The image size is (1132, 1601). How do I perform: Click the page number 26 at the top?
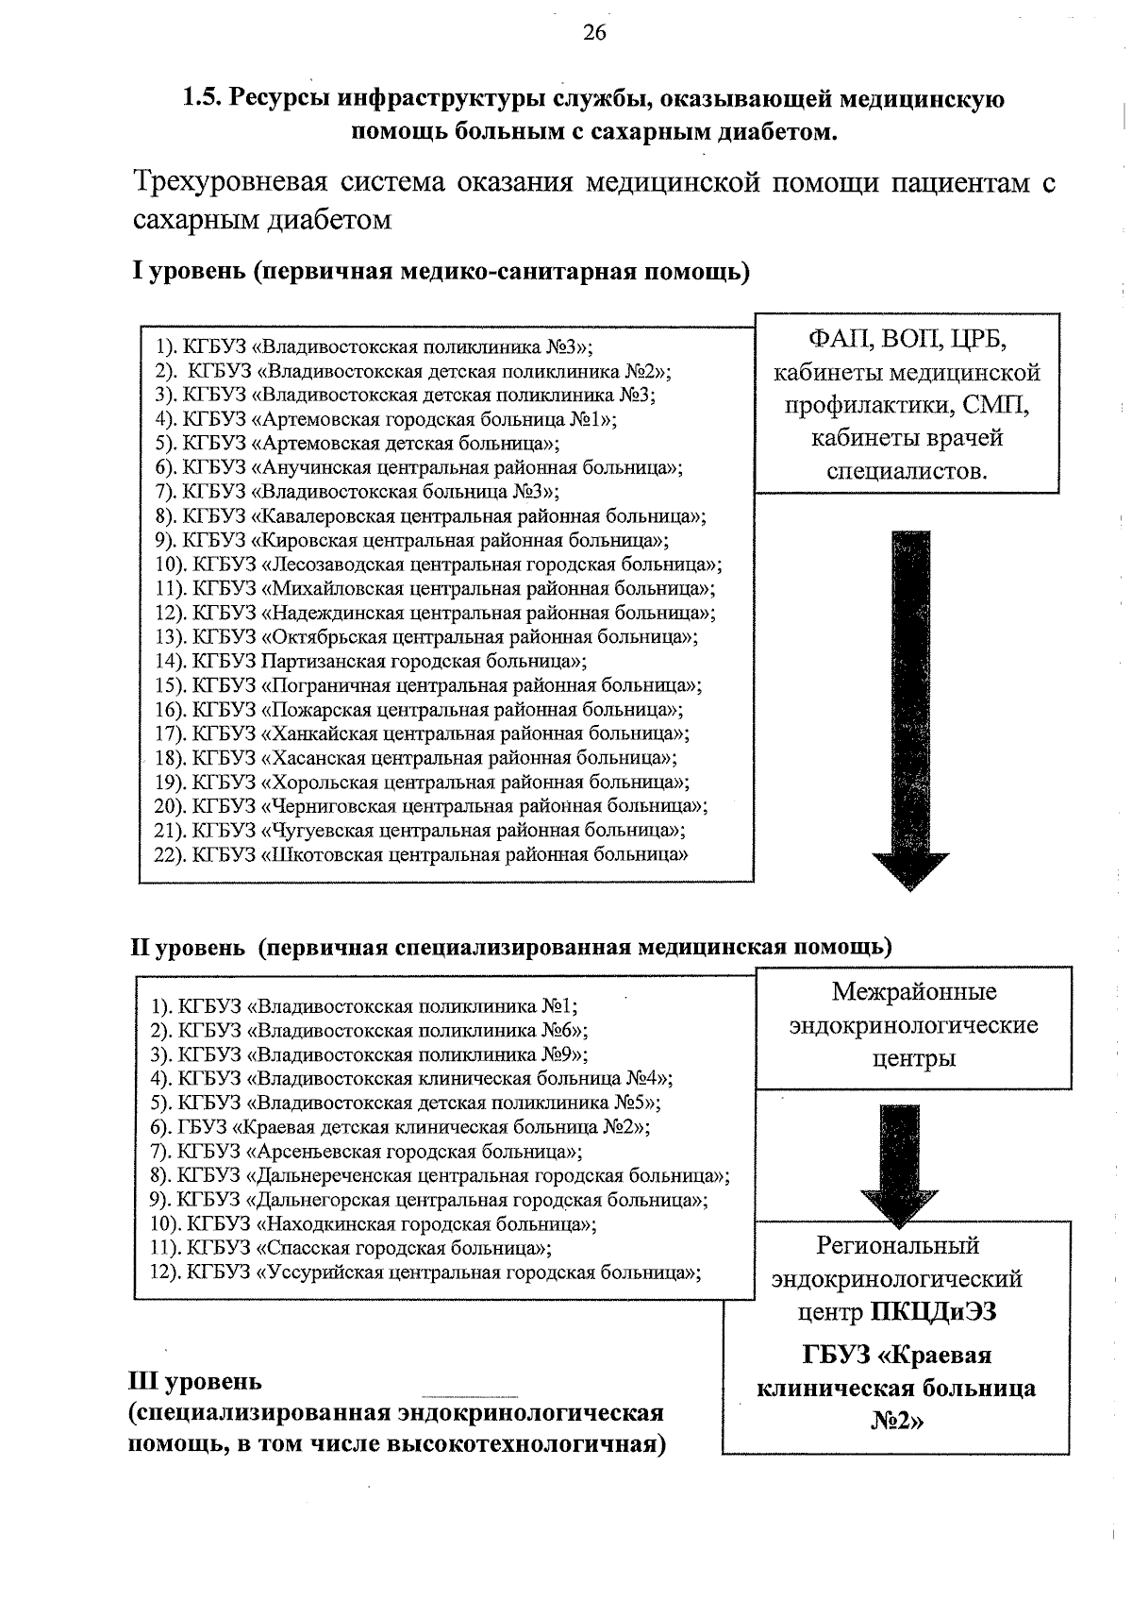594,33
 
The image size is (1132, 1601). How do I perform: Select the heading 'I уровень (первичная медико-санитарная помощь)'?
440,273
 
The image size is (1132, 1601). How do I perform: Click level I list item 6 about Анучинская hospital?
420,467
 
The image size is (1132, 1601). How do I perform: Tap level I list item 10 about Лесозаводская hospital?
439,565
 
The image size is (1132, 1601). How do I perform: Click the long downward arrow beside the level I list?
909,708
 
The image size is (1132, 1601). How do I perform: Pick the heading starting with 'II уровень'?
509,947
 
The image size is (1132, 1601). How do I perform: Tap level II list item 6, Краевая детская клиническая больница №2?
400,1127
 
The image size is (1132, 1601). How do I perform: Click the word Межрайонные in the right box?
913,992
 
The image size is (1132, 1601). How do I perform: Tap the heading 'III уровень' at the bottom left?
195,1382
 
